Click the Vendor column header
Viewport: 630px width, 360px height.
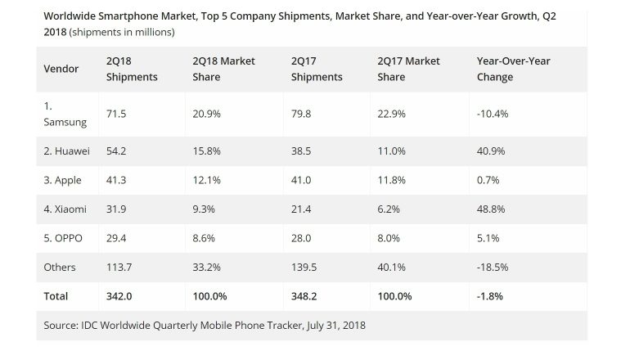[x=62, y=69]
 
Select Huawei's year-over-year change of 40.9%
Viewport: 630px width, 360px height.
[x=490, y=151]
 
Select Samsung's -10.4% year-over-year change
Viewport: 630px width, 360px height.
[x=492, y=114]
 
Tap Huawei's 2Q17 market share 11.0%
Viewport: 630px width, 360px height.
[x=392, y=151]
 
